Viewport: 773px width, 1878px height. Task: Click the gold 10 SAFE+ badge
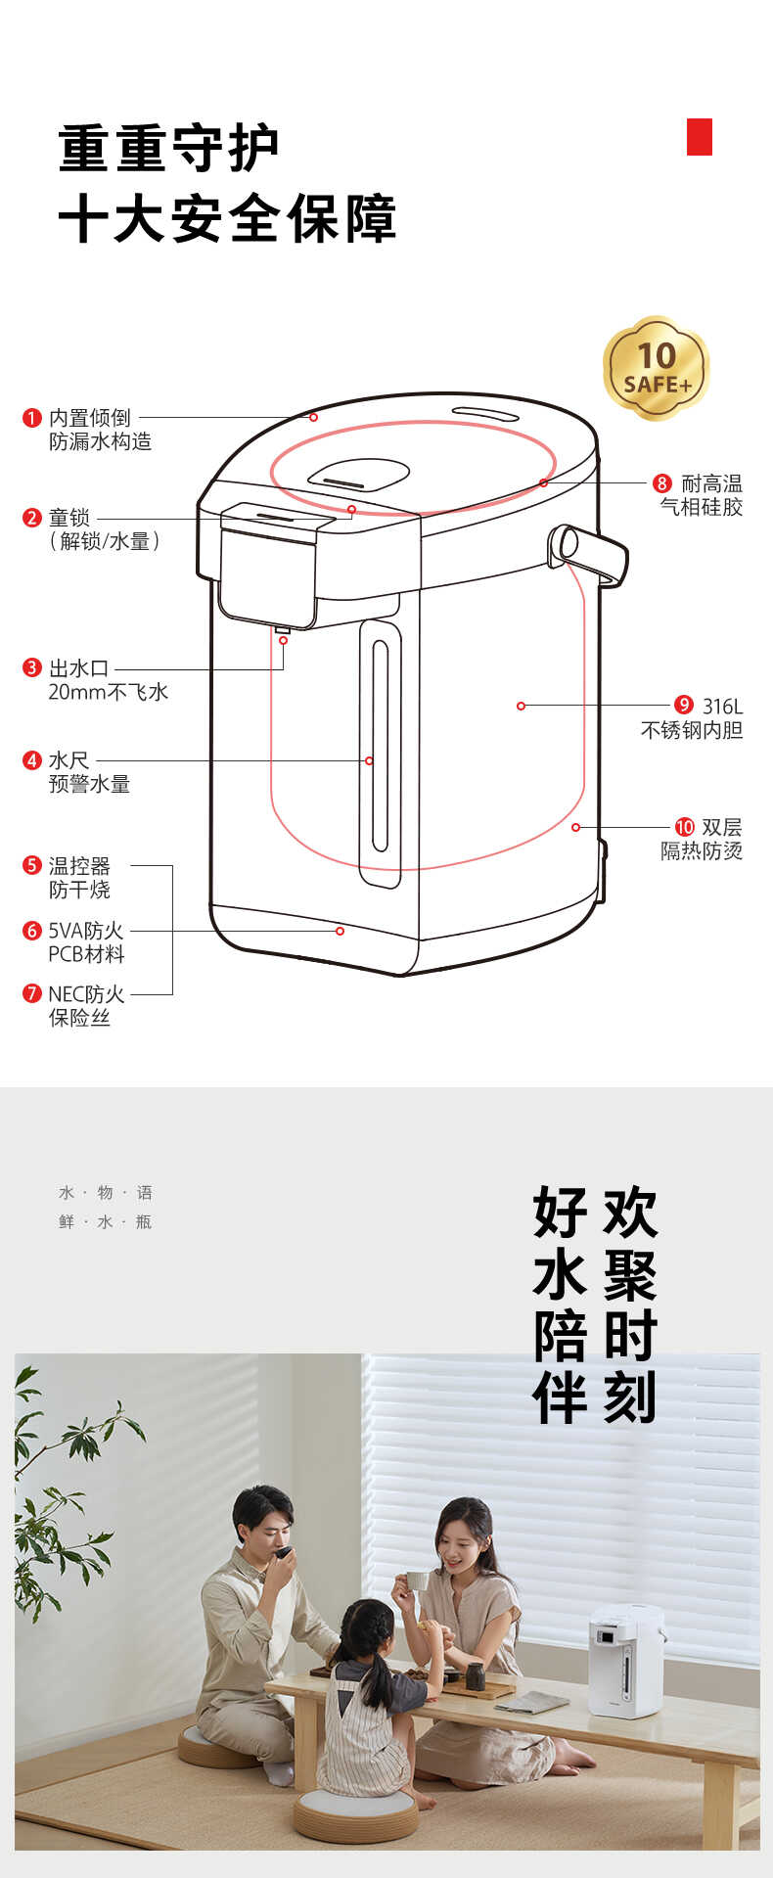[656, 368]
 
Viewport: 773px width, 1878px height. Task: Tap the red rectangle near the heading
[699, 137]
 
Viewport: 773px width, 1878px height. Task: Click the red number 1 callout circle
[32, 418]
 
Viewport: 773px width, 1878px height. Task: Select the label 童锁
[69, 518]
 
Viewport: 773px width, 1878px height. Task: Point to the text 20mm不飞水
[109, 693]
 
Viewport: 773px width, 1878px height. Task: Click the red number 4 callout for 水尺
[32, 760]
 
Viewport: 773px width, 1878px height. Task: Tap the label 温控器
[79, 866]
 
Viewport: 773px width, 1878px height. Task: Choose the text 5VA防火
[86, 931]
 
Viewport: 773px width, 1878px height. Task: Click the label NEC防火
[86, 994]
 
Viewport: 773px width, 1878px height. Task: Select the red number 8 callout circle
[662, 483]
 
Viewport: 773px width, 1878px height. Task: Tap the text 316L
[722, 706]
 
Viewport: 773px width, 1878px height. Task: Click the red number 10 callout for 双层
[684, 827]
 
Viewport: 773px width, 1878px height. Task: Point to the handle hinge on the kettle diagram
[565, 544]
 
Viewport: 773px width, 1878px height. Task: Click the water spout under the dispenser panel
[282, 629]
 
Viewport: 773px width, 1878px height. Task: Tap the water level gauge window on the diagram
[380, 754]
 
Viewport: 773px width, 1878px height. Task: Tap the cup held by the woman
[416, 1580]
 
